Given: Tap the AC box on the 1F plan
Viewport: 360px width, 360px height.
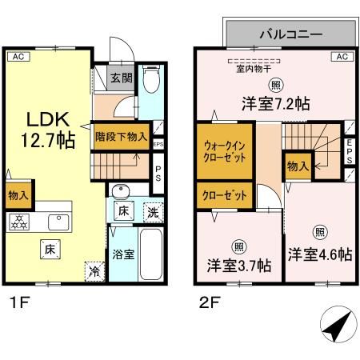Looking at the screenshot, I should [x=17, y=56].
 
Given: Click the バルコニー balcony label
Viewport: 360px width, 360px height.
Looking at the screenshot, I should [x=290, y=34].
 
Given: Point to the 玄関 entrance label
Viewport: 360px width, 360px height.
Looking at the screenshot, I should [x=122, y=78].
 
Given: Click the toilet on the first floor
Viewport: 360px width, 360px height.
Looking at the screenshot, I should [x=150, y=81].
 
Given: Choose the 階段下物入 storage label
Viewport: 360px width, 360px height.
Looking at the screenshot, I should [x=122, y=136].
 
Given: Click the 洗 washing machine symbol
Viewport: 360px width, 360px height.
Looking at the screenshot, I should [x=152, y=213].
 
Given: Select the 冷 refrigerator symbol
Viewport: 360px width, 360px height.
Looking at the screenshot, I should [x=94, y=270].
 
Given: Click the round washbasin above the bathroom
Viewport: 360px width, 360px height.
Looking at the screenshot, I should [x=120, y=192].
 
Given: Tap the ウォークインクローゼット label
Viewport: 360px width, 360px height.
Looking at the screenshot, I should [x=225, y=152].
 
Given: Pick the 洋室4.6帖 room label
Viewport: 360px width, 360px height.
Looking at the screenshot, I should [x=320, y=254].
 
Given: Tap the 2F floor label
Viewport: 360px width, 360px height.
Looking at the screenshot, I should [x=206, y=303].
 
